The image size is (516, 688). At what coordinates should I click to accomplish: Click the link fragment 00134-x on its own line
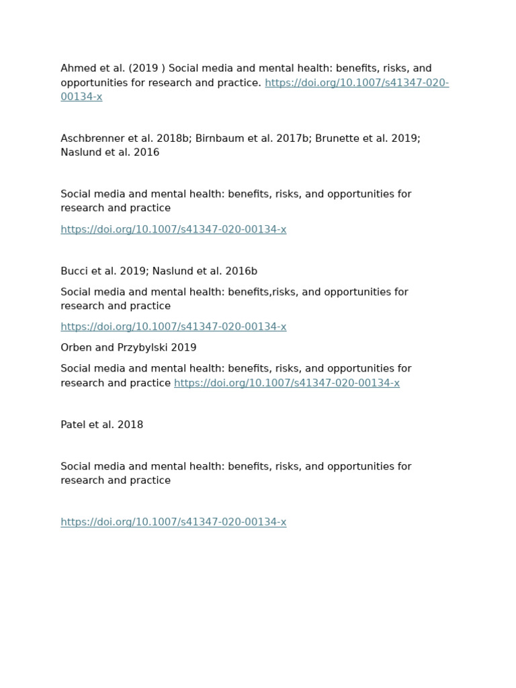pos(81,97)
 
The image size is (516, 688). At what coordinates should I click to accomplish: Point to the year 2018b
pos(174,138)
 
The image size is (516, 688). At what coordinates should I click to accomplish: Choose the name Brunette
pos(338,138)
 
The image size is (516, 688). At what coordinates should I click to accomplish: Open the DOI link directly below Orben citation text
pos(287,383)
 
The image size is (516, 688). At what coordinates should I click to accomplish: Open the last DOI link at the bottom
pos(173,522)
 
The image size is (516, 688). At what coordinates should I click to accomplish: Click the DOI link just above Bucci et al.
pos(173,230)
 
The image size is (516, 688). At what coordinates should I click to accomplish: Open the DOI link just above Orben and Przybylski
pos(173,327)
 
